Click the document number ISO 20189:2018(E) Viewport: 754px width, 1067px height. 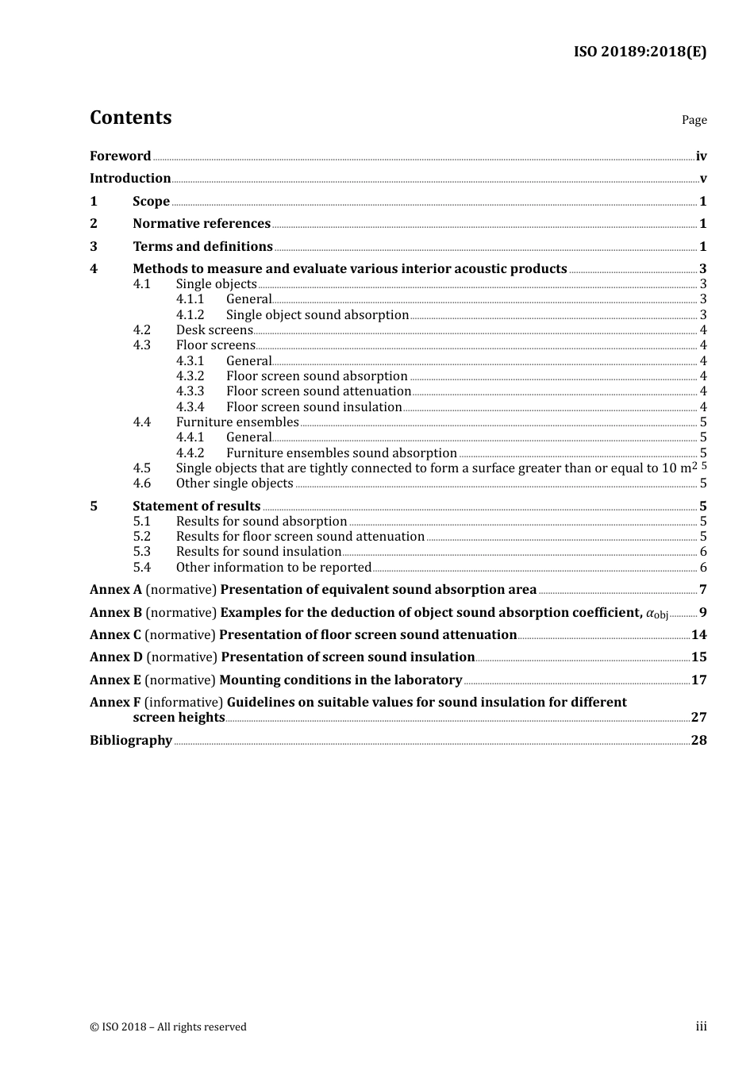pos(640,52)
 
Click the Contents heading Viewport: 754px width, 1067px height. pos(130,117)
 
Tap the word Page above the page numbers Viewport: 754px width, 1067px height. pos(694,120)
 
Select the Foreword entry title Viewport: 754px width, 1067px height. pos(120,156)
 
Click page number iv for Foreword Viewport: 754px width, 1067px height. pos(701,156)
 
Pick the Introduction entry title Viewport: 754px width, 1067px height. pos(130,179)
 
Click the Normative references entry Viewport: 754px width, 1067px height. pos(202,224)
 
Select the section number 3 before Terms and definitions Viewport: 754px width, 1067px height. pos(94,247)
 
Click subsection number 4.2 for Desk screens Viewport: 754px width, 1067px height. pos(142,330)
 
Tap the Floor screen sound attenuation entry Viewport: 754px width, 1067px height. pos(318,391)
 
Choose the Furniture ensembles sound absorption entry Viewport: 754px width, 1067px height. pos(341,453)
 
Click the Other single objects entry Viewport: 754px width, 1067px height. pos(234,483)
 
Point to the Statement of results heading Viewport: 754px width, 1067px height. pos(196,507)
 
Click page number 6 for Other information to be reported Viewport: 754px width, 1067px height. pos(703,568)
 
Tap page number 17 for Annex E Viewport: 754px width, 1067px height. pos(698,680)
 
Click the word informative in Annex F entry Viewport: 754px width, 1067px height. pos(184,703)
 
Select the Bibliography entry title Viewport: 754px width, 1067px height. pos(131,741)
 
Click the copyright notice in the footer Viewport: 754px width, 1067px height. pos(168,1027)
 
